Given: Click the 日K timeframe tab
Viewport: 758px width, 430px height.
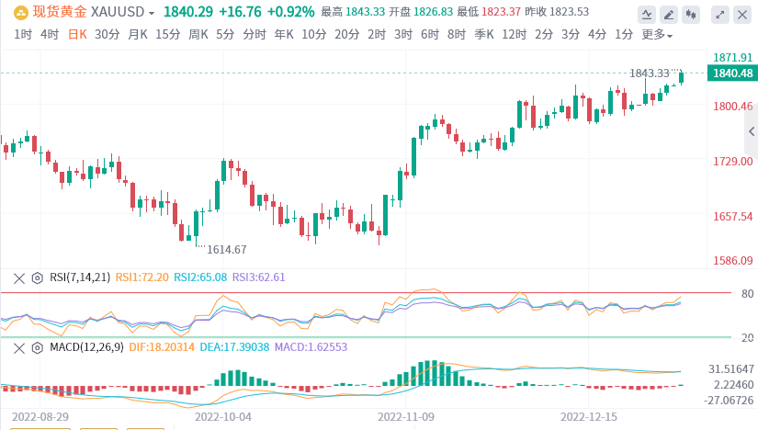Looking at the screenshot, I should coord(78,34).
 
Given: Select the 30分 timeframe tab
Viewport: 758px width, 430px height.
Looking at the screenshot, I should coord(107,34).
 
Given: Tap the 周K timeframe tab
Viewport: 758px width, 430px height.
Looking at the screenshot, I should coord(198,34).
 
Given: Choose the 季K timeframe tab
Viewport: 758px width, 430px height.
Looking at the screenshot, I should coord(484,34).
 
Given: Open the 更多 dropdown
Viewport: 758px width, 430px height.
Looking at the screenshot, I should coord(656,34).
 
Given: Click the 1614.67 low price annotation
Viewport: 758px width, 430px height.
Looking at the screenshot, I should coord(226,249).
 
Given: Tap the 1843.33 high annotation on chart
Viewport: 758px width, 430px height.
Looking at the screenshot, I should coord(650,74).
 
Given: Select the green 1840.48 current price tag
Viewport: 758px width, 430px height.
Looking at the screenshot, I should coord(732,74).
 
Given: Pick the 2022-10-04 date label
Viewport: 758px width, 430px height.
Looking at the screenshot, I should coord(222,415).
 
